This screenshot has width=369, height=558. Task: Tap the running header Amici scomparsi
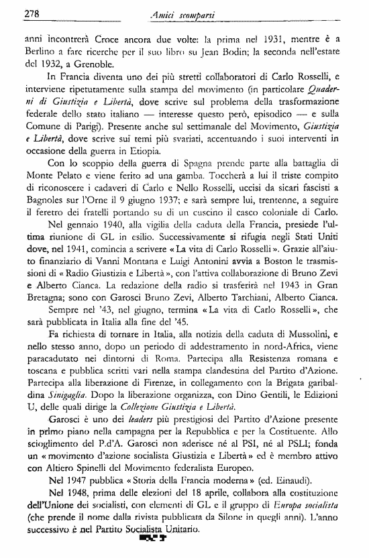pos(184,13)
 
